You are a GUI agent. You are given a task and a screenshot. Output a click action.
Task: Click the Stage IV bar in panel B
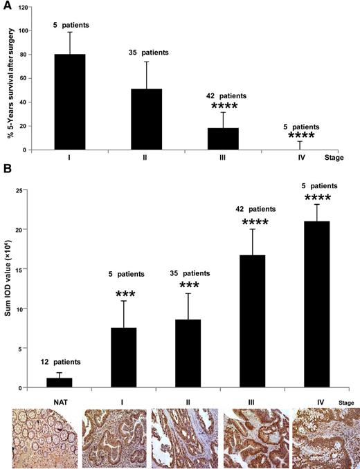(316, 304)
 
